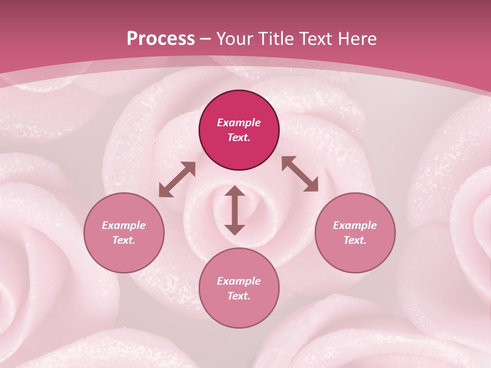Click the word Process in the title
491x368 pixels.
(x=161, y=39)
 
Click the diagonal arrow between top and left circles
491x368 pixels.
(x=177, y=179)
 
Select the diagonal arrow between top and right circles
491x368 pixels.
(x=300, y=174)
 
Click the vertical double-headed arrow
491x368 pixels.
(x=235, y=210)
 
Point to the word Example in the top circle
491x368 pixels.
(x=239, y=123)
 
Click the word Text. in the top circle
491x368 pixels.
(x=239, y=137)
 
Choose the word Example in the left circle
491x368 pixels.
(x=124, y=225)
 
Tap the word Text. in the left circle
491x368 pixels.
(x=124, y=240)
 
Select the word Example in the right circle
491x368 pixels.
(x=355, y=225)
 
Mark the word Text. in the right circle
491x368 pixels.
(x=355, y=240)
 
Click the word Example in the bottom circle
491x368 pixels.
(x=239, y=281)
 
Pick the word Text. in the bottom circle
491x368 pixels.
(x=239, y=296)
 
